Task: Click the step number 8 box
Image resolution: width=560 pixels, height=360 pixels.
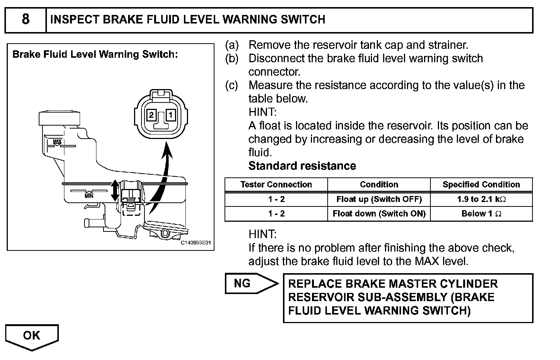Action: (x=25, y=19)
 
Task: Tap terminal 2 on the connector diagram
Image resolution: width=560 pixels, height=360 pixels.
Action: (x=151, y=115)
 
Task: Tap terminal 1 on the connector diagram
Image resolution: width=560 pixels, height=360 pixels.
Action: (x=170, y=115)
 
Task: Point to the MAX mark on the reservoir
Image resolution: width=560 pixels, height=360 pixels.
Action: (x=57, y=142)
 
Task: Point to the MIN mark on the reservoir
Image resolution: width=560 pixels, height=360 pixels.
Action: (x=89, y=195)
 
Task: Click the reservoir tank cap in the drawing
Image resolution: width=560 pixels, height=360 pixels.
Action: (x=59, y=117)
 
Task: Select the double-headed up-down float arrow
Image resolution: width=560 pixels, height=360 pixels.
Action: (x=115, y=190)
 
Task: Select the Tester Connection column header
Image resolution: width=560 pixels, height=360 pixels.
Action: (x=276, y=184)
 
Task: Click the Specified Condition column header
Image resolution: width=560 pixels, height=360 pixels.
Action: (x=481, y=184)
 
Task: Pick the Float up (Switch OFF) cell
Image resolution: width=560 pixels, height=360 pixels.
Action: (x=379, y=199)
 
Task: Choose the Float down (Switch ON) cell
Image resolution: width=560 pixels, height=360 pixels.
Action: (x=379, y=214)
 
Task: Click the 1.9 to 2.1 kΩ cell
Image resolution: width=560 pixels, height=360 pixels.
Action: (x=481, y=199)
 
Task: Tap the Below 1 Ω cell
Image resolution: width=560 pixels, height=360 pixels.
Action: (x=481, y=214)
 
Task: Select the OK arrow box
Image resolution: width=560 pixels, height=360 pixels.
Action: (x=32, y=335)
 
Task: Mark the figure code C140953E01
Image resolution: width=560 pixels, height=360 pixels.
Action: (x=196, y=243)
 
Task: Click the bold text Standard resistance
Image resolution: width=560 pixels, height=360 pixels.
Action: (x=302, y=166)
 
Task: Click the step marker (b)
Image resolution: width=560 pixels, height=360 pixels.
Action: (x=232, y=59)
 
